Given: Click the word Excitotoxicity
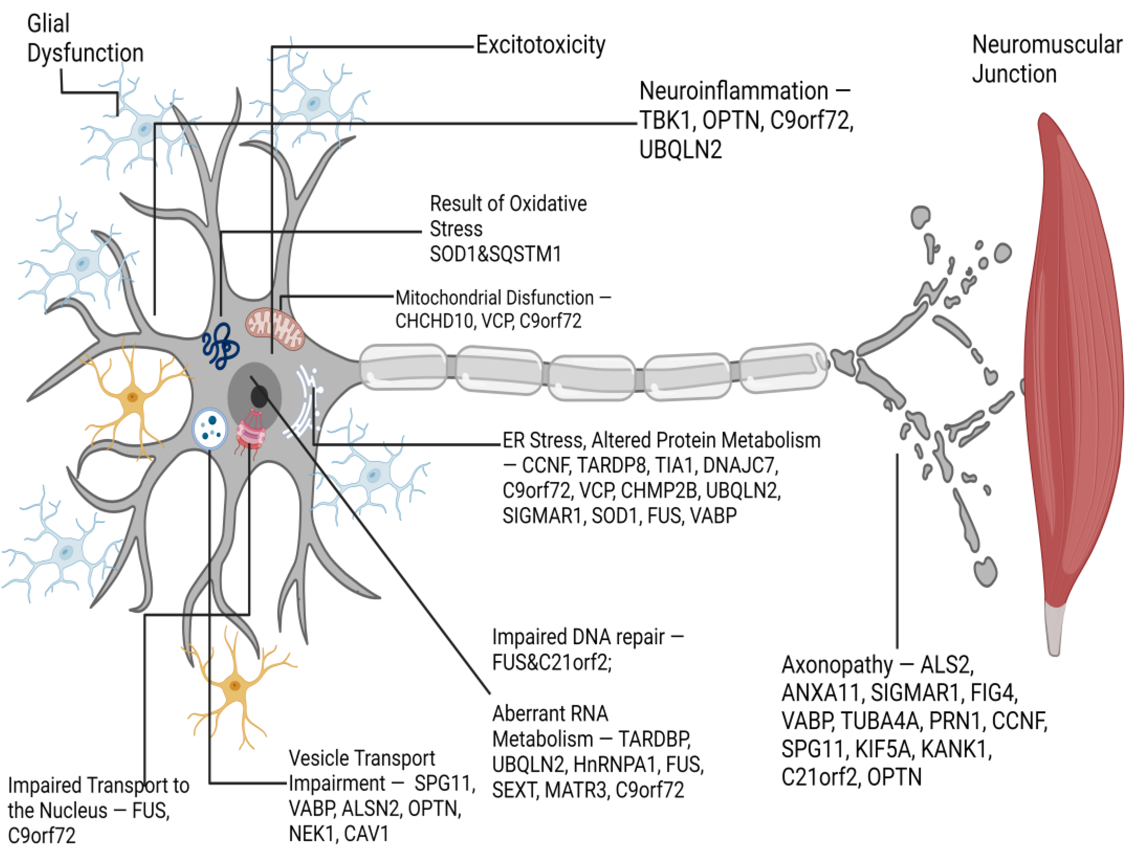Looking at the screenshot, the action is point(540,45).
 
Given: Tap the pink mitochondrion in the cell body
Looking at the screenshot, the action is point(274,328).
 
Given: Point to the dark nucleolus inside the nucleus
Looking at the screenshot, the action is point(259,396).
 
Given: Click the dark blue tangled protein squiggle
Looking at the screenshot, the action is point(220,346).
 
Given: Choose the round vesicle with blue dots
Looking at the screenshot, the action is point(210,429).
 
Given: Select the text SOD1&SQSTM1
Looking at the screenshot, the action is point(495,253).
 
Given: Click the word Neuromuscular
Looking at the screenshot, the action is point(1047,45).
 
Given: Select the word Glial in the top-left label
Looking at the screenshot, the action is point(48,23).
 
